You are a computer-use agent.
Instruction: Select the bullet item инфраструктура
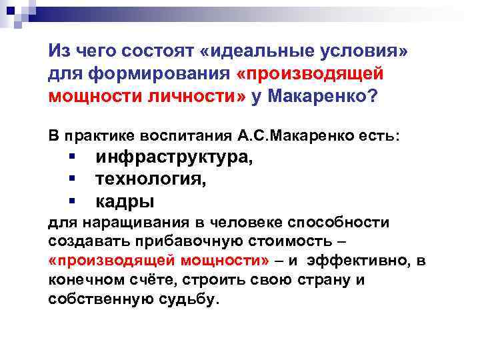[x=174, y=158]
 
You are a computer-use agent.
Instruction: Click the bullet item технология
[x=151, y=179]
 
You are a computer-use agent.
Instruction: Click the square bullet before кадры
[x=70, y=199]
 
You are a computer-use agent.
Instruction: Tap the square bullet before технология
[x=70, y=178]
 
